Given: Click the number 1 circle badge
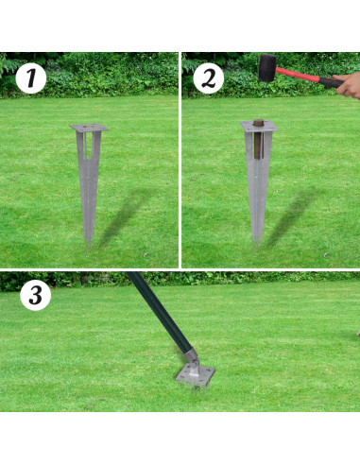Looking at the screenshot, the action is click(x=31, y=78).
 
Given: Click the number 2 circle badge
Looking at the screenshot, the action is click(x=208, y=78).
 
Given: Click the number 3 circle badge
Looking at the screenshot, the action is click(x=36, y=295).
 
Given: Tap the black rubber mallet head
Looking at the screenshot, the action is click(x=267, y=68).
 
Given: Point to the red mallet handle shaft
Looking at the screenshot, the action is click(x=298, y=75).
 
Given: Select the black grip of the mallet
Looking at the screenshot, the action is click(x=331, y=82).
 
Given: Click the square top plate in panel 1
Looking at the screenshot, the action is click(x=89, y=128).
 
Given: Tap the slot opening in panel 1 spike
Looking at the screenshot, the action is click(x=89, y=146).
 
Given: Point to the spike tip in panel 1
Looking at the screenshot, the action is click(x=88, y=247).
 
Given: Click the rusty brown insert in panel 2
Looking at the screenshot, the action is click(x=259, y=139).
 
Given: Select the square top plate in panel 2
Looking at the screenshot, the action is click(x=260, y=126).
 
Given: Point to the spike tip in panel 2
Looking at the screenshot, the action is click(x=257, y=245).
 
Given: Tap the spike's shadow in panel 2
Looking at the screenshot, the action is click(x=292, y=215).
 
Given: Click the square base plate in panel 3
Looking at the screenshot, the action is click(x=196, y=375).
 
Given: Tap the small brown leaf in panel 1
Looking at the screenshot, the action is click(x=146, y=254).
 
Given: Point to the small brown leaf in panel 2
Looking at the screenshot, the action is click(x=327, y=254).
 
